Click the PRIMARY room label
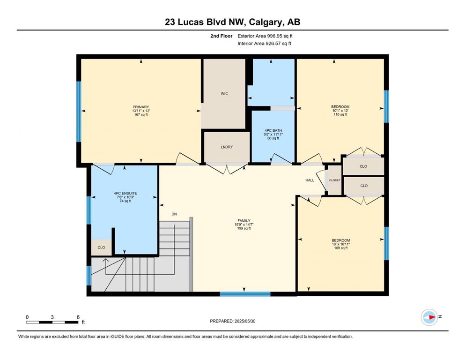pyautogui.click(x=141, y=107)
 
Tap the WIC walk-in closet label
pyautogui.click(x=224, y=93)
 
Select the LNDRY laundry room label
pyautogui.click(x=227, y=147)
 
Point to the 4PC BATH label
pyautogui.click(x=273, y=131)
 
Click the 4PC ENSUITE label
pyautogui.click(x=125, y=193)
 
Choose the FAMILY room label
pyautogui.click(x=244, y=221)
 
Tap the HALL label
pyautogui.click(x=310, y=180)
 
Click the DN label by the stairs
pyautogui.click(x=174, y=214)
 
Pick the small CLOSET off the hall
pyautogui.click(x=334, y=180)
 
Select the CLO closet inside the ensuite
pyautogui.click(x=102, y=247)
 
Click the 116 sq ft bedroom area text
pyautogui.click(x=340, y=114)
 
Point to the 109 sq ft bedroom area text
pyautogui.click(x=341, y=248)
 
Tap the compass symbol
pyautogui.click(x=429, y=317)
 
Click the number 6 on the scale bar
pyautogui.click(x=78, y=317)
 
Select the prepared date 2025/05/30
pyautogui.click(x=245, y=321)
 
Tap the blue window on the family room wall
pyautogui.click(x=245, y=294)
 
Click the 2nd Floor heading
pyautogui.click(x=221, y=36)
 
